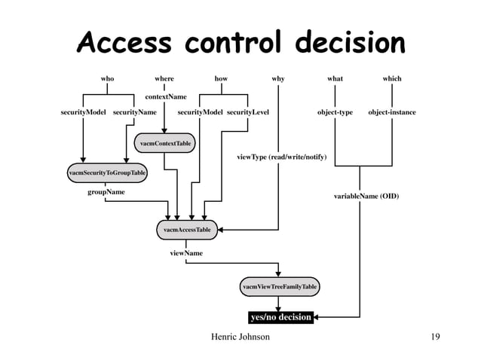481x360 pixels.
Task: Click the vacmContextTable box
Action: [164, 142]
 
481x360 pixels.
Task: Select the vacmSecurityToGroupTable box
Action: [107, 172]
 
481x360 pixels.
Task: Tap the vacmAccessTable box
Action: [186, 228]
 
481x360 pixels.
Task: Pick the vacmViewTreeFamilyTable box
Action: [280, 287]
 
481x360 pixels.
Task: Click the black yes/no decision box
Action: [280, 317]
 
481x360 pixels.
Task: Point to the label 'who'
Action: [107, 78]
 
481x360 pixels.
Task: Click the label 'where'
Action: [164, 78]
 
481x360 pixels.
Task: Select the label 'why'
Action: [278, 78]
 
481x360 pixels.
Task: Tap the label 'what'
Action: [335, 78]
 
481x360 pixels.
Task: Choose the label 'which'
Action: [392, 78]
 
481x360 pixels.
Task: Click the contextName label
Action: [166, 96]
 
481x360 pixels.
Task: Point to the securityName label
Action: [134, 112]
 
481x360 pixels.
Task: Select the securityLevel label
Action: [248, 112]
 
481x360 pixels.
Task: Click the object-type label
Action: [335, 112]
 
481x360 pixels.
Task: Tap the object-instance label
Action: [392, 112]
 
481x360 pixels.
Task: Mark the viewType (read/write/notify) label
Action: [282, 157]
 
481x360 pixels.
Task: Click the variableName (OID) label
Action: [366, 196]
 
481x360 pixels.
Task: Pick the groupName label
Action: [106, 192]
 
